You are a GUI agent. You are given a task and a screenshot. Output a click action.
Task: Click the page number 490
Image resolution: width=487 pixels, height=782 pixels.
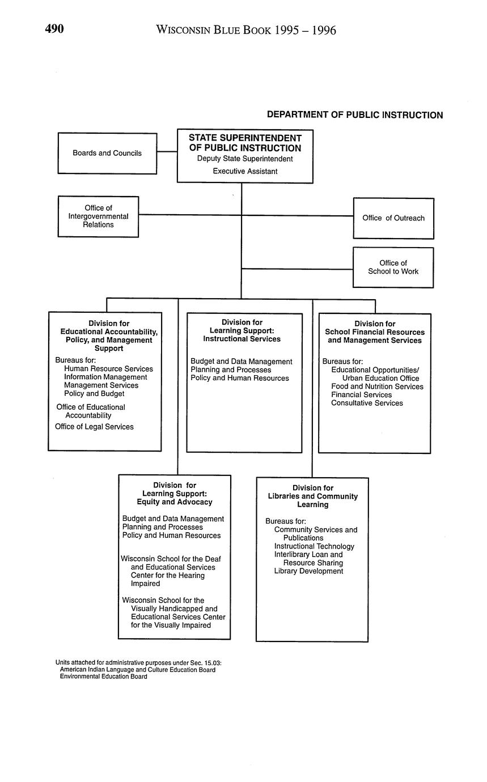click(54, 29)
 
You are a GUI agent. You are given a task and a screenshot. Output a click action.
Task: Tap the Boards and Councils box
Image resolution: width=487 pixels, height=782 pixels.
click(107, 153)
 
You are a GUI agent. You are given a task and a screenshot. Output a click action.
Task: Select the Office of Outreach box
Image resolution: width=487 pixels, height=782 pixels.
click(393, 218)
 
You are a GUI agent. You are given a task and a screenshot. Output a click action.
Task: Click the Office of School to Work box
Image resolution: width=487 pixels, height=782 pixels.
click(393, 267)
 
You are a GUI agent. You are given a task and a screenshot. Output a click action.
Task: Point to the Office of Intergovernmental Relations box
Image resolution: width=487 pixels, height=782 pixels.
click(98, 216)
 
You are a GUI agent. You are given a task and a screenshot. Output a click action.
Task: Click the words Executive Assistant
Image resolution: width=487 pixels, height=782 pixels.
click(245, 171)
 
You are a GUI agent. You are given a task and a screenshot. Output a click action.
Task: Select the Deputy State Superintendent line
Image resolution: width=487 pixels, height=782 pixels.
click(245, 159)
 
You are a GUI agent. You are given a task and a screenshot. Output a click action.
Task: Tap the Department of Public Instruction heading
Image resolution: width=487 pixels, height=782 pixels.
click(355, 115)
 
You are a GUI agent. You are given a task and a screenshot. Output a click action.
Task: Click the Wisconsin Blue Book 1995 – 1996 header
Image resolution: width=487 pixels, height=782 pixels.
click(245, 30)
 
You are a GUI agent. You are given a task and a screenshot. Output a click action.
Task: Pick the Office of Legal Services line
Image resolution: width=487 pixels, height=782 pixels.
click(94, 427)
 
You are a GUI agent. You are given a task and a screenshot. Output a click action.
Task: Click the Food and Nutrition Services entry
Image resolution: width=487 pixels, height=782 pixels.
click(377, 386)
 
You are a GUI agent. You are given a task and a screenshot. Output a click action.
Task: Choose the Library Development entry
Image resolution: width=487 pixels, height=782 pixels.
click(308, 571)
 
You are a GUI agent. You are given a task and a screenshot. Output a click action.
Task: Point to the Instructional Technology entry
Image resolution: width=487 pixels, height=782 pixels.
click(314, 546)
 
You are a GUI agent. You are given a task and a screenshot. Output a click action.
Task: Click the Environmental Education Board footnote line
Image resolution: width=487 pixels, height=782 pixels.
click(104, 676)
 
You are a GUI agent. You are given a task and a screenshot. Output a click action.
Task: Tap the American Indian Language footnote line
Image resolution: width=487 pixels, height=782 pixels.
click(138, 669)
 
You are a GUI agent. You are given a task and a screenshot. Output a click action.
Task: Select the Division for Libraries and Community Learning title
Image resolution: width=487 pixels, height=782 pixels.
click(313, 496)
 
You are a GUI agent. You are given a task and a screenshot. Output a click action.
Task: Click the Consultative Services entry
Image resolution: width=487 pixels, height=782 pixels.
click(367, 403)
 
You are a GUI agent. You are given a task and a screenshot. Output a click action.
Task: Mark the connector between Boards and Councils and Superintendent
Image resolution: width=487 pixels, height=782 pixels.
click(167, 152)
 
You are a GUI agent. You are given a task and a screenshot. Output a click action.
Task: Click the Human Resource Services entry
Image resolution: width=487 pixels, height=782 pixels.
click(108, 369)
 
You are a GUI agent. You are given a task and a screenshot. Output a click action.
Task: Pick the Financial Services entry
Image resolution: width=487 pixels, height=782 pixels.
click(361, 394)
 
